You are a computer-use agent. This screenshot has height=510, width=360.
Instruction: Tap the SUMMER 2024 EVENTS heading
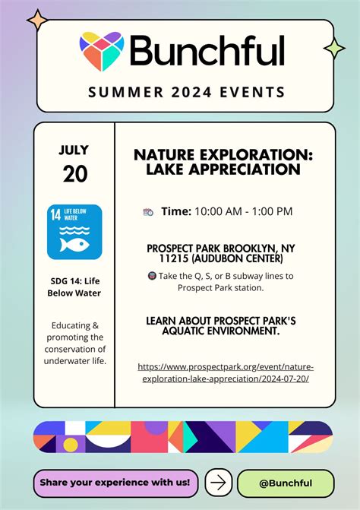pos(186,93)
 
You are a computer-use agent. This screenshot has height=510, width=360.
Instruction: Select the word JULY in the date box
pos(74,150)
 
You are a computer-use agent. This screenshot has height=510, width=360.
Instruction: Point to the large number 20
pos(74,174)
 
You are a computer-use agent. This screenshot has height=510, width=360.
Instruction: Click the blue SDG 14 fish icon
pos(74,232)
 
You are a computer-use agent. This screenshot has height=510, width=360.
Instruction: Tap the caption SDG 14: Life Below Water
pos(74,286)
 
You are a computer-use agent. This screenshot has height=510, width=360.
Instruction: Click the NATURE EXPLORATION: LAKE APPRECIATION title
pos(223,161)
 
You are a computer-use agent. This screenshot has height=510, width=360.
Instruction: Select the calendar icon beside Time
pos(148,212)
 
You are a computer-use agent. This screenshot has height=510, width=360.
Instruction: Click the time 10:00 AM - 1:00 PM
pos(243,211)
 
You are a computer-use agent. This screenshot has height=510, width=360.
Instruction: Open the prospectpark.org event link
pos(225,372)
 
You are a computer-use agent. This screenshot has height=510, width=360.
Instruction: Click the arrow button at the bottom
pos(219,482)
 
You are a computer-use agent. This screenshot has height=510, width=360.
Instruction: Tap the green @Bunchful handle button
pos(285,482)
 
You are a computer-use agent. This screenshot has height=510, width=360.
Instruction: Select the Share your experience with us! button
pos(118,482)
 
